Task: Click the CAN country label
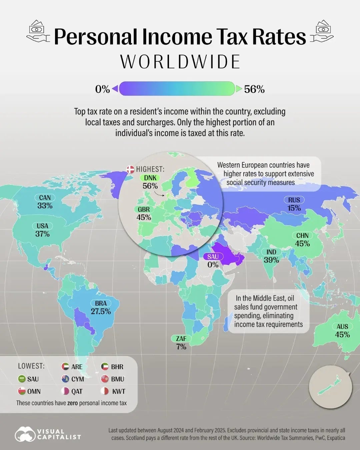pyautogui.click(x=45, y=198)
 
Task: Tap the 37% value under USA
pyautogui.click(x=42, y=234)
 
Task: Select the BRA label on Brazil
pyautogui.click(x=101, y=303)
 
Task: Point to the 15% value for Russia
pyautogui.click(x=294, y=208)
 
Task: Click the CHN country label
pyautogui.click(x=302, y=235)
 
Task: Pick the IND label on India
pyautogui.click(x=271, y=252)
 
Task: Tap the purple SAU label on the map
pyautogui.click(x=213, y=256)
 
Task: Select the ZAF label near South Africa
pyautogui.click(x=181, y=339)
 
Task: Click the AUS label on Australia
pyautogui.click(x=342, y=327)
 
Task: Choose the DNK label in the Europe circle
pyautogui.click(x=150, y=178)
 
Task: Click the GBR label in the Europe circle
pyautogui.click(x=144, y=209)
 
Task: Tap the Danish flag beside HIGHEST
pyautogui.click(x=130, y=169)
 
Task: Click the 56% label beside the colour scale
pyautogui.click(x=254, y=89)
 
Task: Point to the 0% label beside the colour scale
pyautogui.click(x=102, y=89)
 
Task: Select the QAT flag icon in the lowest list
pyautogui.click(x=65, y=391)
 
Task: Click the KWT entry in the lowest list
pyautogui.click(x=118, y=391)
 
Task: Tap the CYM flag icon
pyautogui.click(x=65, y=379)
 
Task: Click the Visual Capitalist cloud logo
pyautogui.click(x=25, y=434)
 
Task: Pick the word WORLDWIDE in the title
pyautogui.click(x=180, y=62)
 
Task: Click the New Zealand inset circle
pyautogui.click(x=330, y=387)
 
